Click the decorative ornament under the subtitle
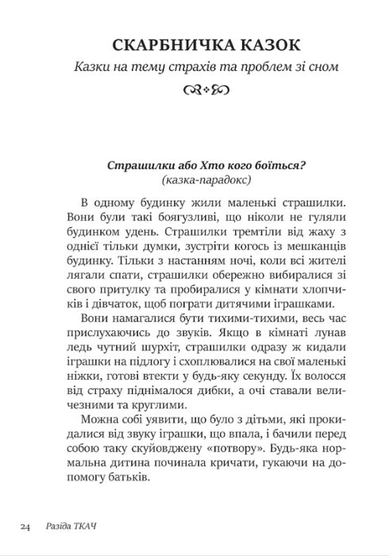pyautogui.click(x=194, y=94)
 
